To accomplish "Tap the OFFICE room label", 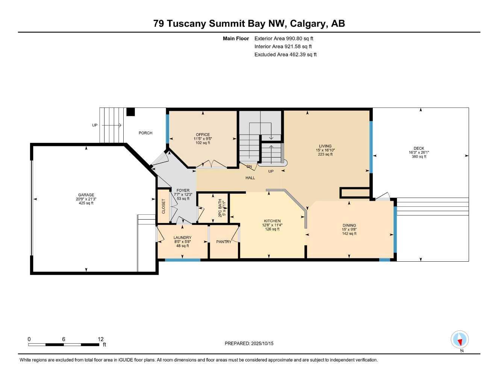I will click(203, 135).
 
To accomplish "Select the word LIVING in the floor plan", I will click(325, 146).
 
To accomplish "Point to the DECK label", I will click(419, 148).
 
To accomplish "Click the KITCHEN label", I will click(272, 221).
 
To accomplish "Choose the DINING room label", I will click(349, 226).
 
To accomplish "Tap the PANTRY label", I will click(224, 242).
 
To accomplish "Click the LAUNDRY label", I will click(182, 238).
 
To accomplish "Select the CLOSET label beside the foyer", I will click(163, 206).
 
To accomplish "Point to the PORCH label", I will click(145, 133).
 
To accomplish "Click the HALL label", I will click(250, 178).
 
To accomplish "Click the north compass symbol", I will click(460, 340).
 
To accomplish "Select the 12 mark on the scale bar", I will click(100, 339).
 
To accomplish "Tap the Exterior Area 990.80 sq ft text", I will click(284, 38).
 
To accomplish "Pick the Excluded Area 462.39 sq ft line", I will click(285, 55).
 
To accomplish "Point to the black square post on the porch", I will click(130, 112).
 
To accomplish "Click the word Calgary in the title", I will click(308, 24).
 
